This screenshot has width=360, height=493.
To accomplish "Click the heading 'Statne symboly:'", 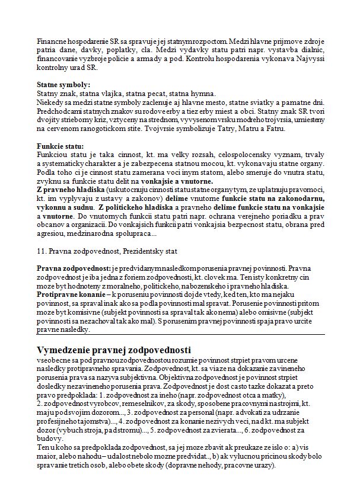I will point(63,85).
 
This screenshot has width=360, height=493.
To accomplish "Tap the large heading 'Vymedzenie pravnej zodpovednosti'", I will point(113,349).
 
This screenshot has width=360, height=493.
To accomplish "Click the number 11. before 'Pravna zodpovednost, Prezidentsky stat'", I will point(42,251).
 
